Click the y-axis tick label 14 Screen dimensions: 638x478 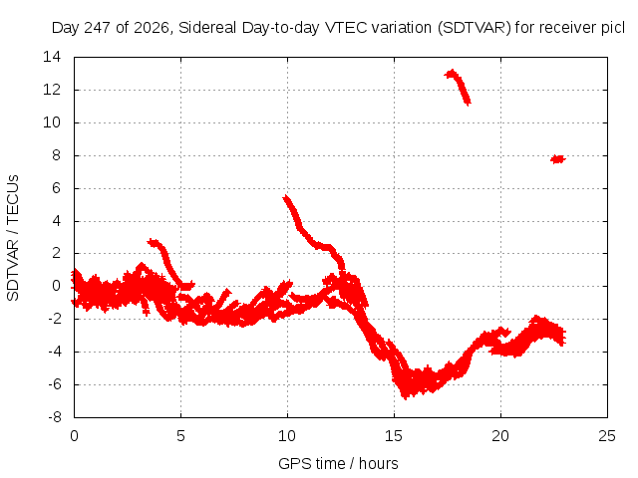point(52,57)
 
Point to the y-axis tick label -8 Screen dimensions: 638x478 point(55,417)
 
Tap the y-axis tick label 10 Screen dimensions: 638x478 point(52,122)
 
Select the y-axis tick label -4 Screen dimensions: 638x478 point(55,352)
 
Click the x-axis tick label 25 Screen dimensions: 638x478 point(607,436)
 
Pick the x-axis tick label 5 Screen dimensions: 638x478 point(180,436)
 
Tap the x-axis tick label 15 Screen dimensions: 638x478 point(394,436)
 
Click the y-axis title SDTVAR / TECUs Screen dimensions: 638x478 point(13,238)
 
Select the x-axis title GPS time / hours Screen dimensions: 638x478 point(338,463)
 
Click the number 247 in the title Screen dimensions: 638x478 point(98,28)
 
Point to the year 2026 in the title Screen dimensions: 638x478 point(151,28)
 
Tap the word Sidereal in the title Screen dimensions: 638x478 point(207,28)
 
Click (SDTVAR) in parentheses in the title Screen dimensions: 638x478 point(475,28)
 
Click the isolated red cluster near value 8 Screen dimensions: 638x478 point(558,159)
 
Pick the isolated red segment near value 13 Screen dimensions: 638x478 point(460,86)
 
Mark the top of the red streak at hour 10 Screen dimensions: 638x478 point(286,197)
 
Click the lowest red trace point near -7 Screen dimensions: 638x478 point(405,397)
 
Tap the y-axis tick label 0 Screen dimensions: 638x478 point(57,286)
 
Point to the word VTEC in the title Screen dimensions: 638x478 point(348,28)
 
